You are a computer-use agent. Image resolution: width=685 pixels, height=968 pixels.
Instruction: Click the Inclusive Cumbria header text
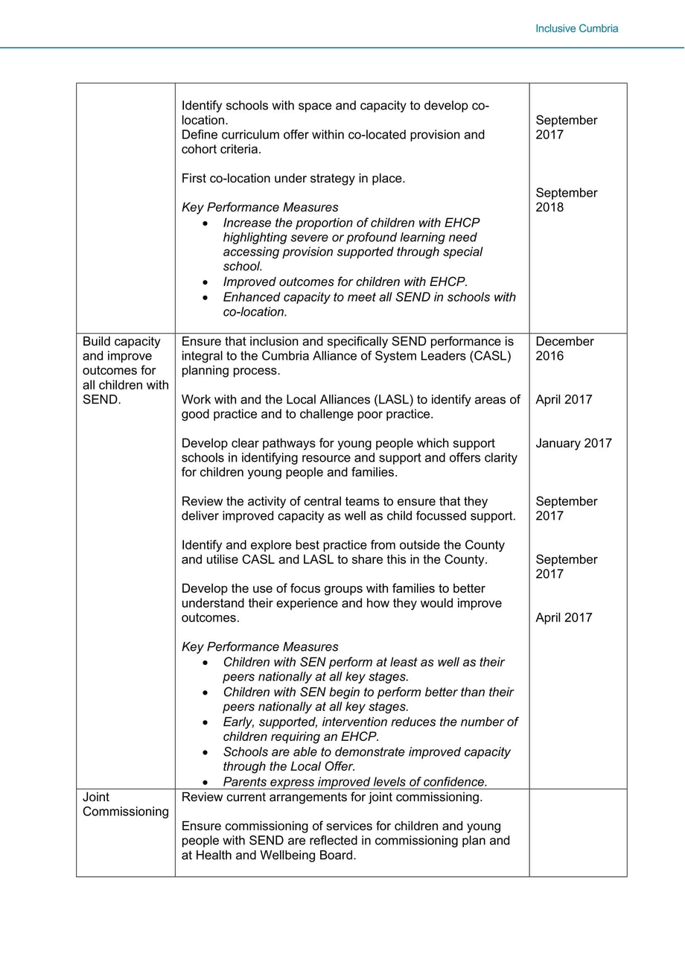click(x=576, y=29)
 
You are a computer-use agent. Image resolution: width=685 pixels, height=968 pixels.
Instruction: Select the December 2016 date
click(x=564, y=348)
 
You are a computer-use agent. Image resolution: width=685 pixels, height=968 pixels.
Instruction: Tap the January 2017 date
click(x=573, y=443)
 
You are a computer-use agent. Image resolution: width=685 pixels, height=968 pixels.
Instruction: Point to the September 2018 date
click(x=566, y=200)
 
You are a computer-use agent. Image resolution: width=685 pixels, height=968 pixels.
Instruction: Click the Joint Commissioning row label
click(x=125, y=804)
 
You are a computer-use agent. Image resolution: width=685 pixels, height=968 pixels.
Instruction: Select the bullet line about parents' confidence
click(x=355, y=782)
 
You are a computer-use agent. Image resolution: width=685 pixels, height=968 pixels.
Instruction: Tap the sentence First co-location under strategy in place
click(x=293, y=179)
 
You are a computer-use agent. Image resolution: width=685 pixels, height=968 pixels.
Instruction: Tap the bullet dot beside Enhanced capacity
click(x=205, y=298)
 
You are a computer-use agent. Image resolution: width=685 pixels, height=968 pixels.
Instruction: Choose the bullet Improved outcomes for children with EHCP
click(x=345, y=282)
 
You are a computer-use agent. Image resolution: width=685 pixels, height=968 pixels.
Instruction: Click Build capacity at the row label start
click(x=121, y=341)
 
